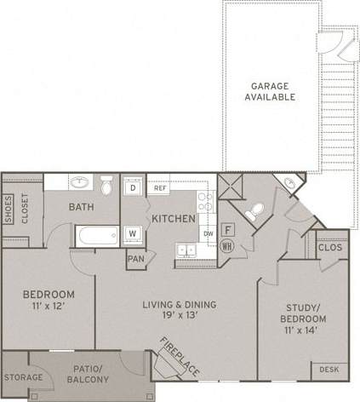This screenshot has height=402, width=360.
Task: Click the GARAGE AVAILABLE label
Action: coord(272,91)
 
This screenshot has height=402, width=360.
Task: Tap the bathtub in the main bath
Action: coord(94,235)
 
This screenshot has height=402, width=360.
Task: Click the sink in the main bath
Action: coord(81,183)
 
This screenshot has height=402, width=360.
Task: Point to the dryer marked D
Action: coord(133,187)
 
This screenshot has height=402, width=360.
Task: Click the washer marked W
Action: coord(133,233)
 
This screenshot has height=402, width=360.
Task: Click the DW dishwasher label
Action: coord(208,233)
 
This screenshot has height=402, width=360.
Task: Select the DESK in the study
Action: coord(328,369)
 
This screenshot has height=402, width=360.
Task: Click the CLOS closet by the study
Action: coord(329,247)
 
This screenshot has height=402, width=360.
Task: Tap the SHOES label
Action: coord(8,207)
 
